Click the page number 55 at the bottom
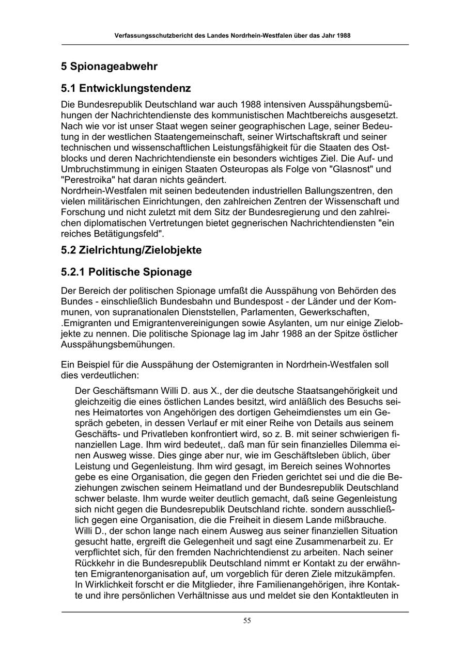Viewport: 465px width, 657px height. (247, 621)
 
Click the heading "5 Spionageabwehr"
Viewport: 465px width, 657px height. (109, 67)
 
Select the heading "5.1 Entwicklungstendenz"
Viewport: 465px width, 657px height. (126, 88)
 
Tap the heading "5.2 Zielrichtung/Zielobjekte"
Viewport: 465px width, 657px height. (131, 250)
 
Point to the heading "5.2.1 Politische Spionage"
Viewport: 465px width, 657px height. (126, 272)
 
